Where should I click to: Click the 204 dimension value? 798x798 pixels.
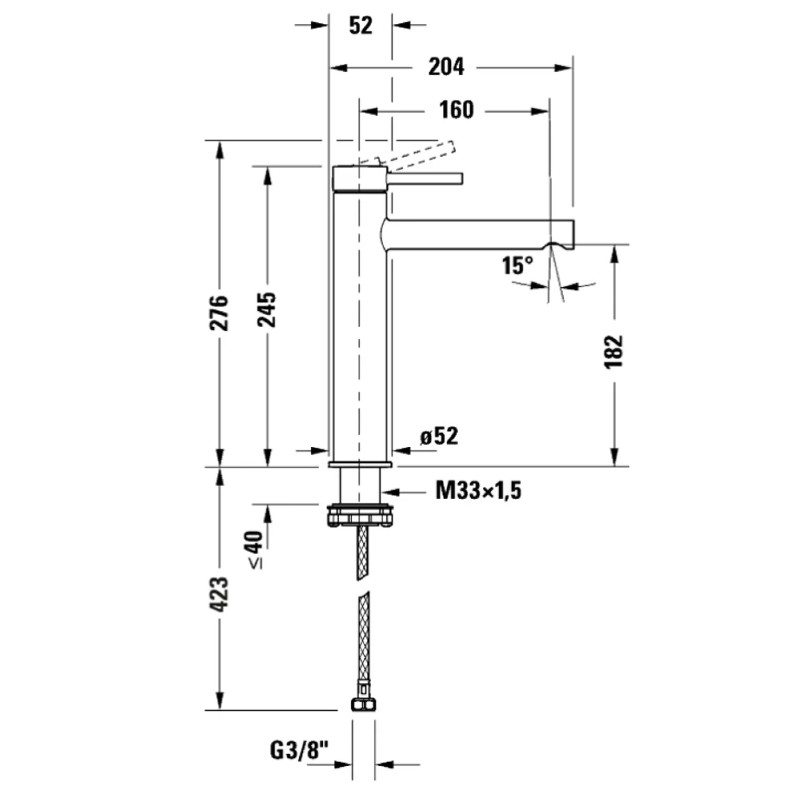pyautogui.click(x=446, y=67)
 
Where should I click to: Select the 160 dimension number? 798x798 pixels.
pyautogui.click(x=456, y=109)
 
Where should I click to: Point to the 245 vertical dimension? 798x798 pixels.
pyautogui.click(x=266, y=310)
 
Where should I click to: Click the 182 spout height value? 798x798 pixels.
pyautogui.click(x=614, y=352)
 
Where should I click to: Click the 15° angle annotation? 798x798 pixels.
pyautogui.click(x=518, y=266)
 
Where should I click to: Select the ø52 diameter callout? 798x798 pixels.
pyautogui.click(x=439, y=437)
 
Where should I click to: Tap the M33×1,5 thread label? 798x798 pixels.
pyautogui.click(x=478, y=490)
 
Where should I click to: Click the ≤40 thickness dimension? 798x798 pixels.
pyautogui.click(x=255, y=549)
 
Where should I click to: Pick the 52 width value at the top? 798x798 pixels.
pyautogui.click(x=360, y=26)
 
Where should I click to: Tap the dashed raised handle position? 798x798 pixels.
pyautogui.click(x=422, y=154)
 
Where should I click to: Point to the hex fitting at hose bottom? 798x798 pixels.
pyautogui.click(x=363, y=705)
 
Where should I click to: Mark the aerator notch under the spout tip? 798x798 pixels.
pyautogui.click(x=560, y=246)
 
